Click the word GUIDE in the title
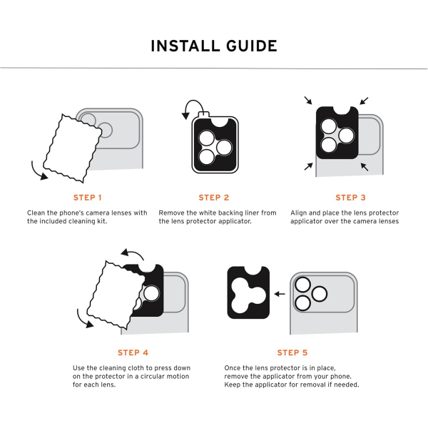click(x=252, y=46)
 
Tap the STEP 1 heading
click(x=87, y=198)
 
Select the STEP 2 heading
click(x=214, y=198)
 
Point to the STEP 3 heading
click(x=350, y=198)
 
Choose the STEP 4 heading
click(x=133, y=352)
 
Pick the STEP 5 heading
click(x=292, y=352)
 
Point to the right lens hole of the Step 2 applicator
click(x=224, y=148)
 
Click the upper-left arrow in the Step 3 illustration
click(x=308, y=100)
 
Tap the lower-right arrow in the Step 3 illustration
click(x=365, y=167)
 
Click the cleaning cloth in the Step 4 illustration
click(x=116, y=295)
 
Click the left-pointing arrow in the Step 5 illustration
click(x=280, y=294)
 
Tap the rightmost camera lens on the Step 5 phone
click(x=319, y=294)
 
